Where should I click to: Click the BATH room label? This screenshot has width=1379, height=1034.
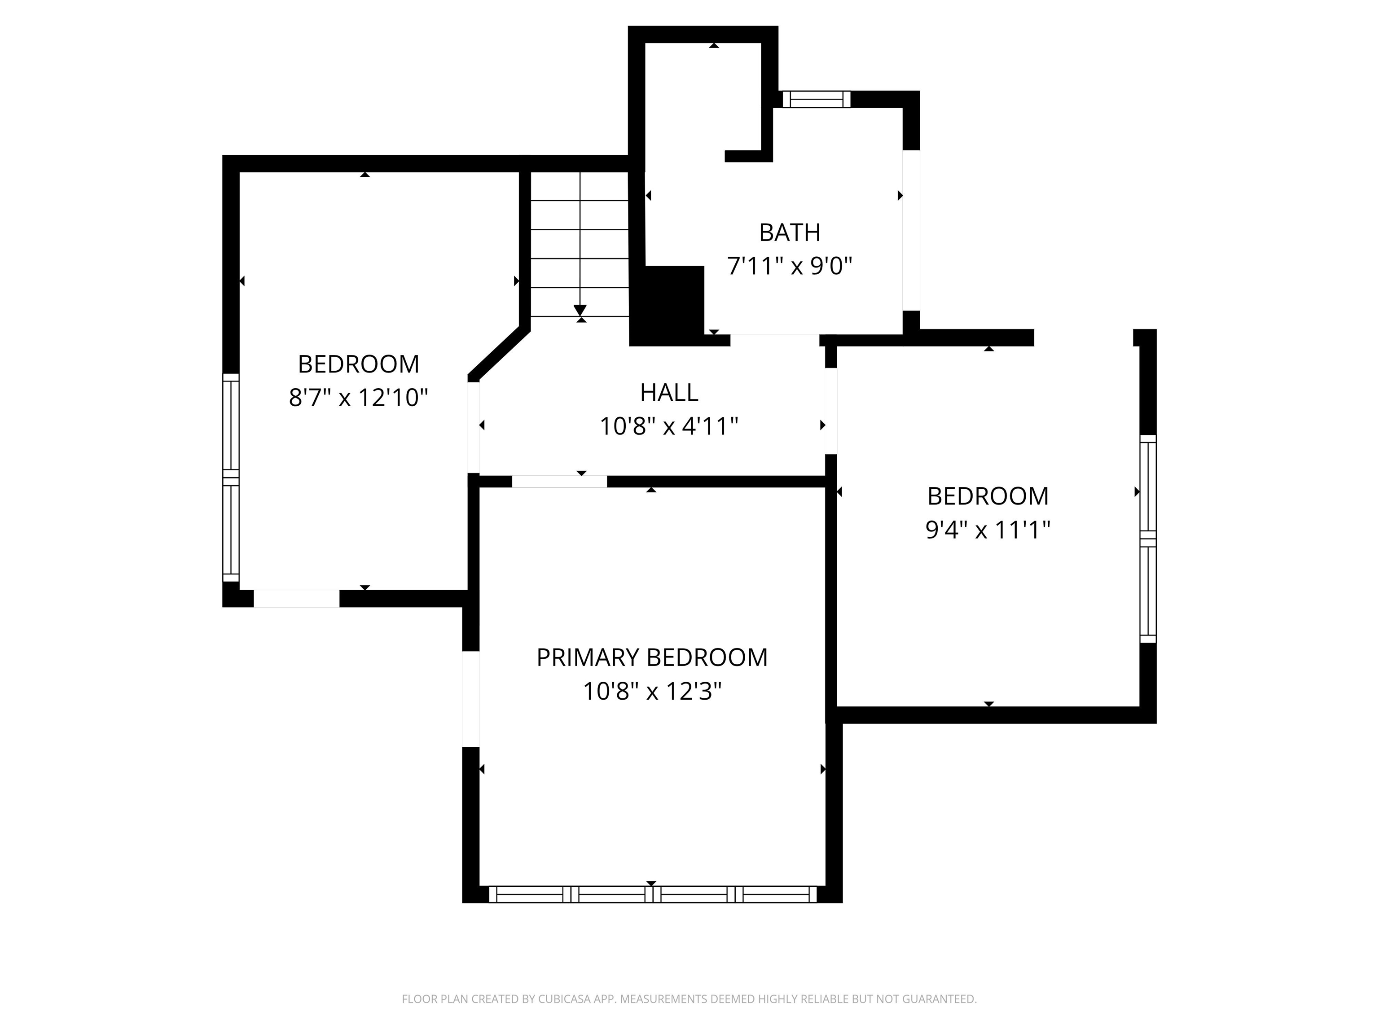click(x=789, y=232)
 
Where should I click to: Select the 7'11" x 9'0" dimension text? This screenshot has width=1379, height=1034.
click(x=789, y=267)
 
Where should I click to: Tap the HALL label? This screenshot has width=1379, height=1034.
click(x=669, y=393)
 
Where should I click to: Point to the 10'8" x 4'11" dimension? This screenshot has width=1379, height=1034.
click(x=669, y=427)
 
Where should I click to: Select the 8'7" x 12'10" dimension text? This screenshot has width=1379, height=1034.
click(x=359, y=398)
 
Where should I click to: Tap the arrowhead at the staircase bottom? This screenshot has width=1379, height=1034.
click(x=580, y=310)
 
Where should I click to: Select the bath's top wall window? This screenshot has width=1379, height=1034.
click(x=816, y=99)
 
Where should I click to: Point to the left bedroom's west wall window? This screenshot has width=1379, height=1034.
click(x=231, y=478)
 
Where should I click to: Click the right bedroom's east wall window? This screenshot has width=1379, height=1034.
click(x=1148, y=539)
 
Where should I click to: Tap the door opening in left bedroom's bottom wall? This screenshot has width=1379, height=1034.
click(x=296, y=598)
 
